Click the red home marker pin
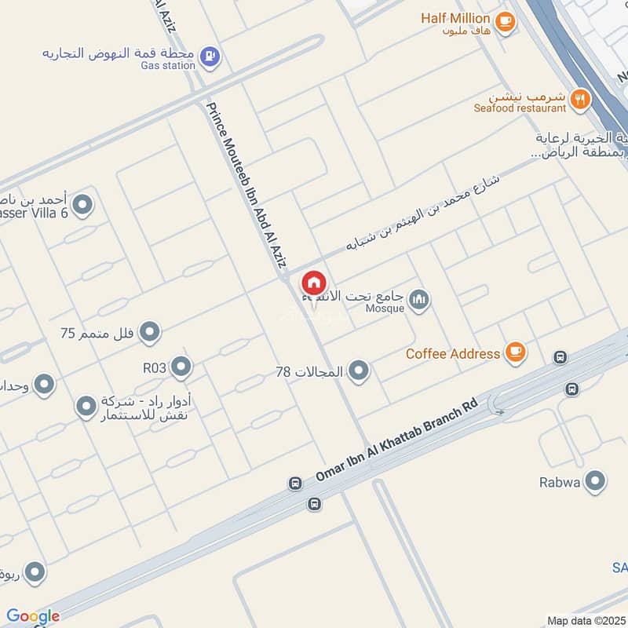point(314,283)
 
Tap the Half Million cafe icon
point(506,21)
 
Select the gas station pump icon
point(210,56)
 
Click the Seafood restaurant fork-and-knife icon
point(580,98)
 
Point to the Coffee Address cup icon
point(515,352)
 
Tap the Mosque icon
point(420,299)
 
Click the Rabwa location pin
point(596,481)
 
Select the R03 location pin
point(181,366)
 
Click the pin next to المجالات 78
point(359,371)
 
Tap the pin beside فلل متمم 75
point(150,333)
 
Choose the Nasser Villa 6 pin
point(82,206)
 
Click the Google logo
point(33,616)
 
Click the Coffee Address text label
point(453,353)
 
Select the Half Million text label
point(455,17)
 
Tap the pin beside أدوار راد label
point(86,407)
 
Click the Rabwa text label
point(560,482)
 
